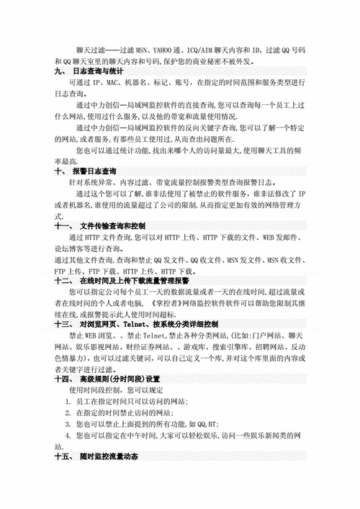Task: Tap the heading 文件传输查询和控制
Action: (x=108, y=225)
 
